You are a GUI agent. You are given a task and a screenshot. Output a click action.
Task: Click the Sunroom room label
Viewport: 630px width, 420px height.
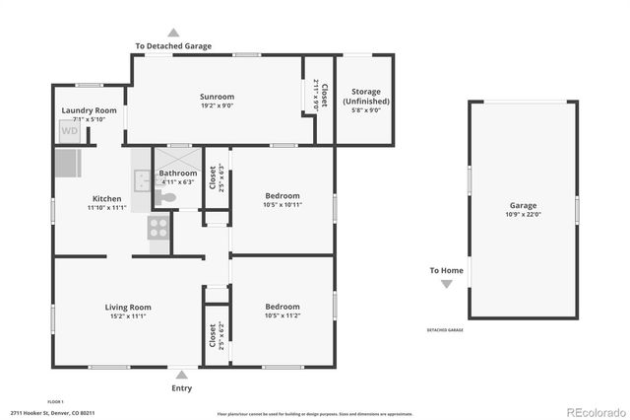tap(217, 97)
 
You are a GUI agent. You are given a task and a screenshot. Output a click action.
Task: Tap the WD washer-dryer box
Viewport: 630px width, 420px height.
tap(70, 130)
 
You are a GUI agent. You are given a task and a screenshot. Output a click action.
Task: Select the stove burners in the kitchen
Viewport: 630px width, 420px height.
tap(158, 228)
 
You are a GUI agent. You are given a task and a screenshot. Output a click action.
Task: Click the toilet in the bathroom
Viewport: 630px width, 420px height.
tap(167, 198)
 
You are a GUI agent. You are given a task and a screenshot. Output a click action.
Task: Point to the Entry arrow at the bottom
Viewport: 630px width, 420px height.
tap(181, 375)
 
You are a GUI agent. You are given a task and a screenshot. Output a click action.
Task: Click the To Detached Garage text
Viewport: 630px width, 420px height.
tap(173, 46)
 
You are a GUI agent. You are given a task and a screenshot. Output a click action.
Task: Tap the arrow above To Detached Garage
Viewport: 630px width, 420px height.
tap(174, 32)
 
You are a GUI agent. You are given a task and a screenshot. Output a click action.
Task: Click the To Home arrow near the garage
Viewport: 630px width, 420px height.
tap(447, 284)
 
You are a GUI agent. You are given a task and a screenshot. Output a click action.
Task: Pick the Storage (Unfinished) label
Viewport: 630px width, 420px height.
tap(365, 97)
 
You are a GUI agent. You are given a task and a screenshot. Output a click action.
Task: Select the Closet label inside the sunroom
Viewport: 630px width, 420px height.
tap(312, 94)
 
